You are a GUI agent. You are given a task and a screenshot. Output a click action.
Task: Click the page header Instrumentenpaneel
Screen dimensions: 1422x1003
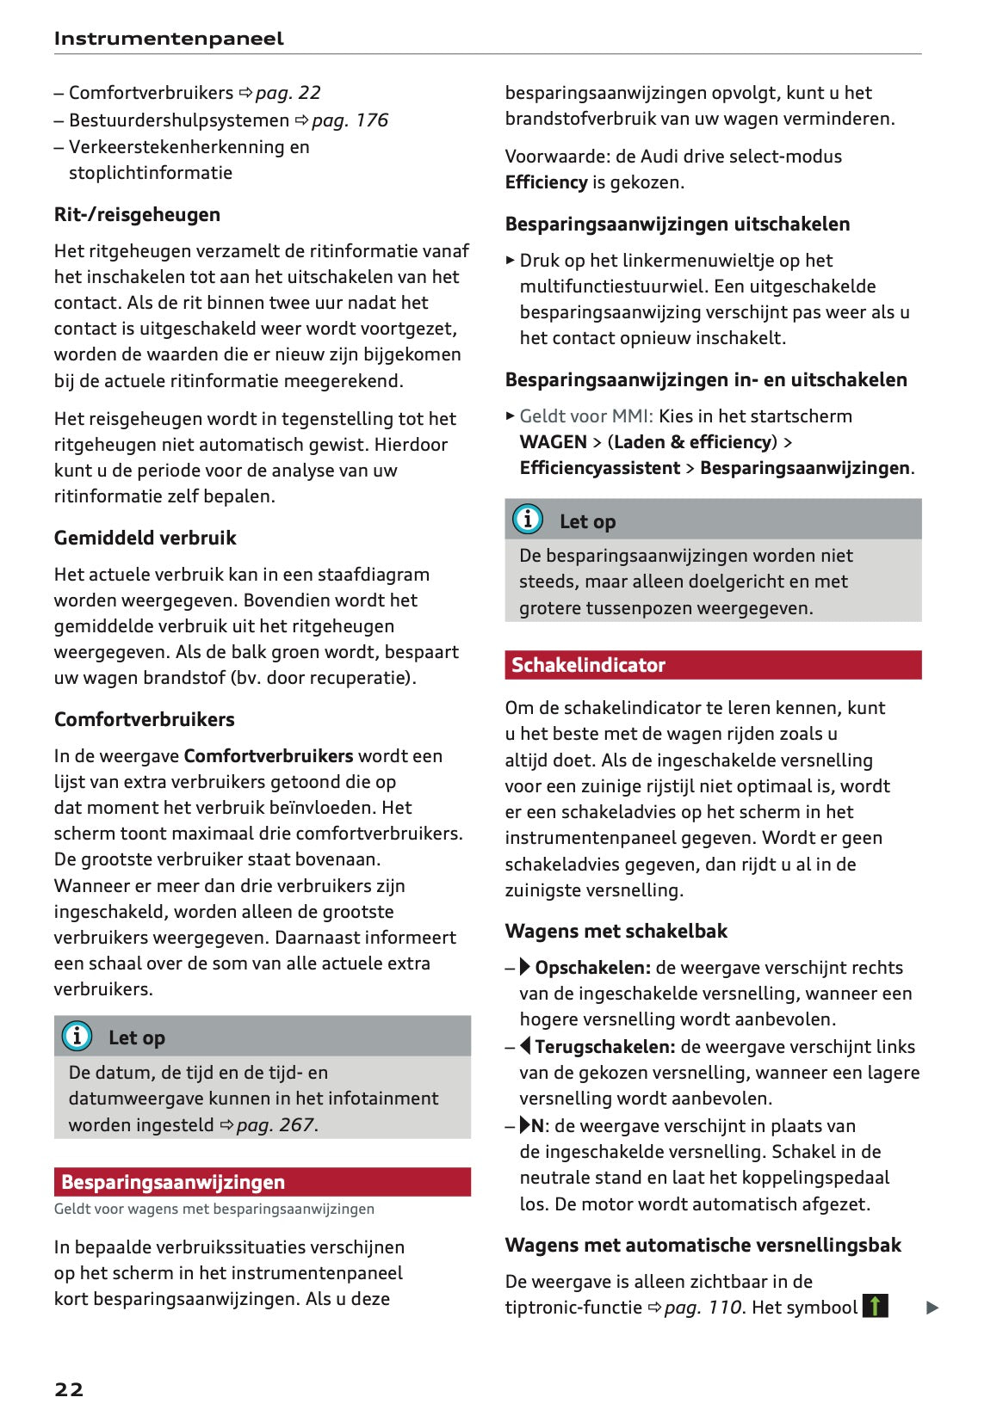coord(168,38)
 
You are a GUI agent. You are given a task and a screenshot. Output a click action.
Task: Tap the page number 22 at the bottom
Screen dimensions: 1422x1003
coord(69,1388)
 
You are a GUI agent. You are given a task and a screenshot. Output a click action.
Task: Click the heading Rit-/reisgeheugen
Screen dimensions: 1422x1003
coord(137,214)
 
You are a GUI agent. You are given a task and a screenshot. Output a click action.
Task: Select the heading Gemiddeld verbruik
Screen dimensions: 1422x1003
coord(145,538)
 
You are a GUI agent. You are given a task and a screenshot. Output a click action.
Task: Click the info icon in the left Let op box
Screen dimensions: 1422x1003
coord(77,1036)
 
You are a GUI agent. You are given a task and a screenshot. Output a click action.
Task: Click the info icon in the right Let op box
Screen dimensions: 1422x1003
coord(527,519)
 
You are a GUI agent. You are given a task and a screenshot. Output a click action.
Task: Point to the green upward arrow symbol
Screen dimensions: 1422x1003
coord(875,1306)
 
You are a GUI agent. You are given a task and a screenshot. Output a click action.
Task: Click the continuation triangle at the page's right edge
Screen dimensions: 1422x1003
coord(932,1308)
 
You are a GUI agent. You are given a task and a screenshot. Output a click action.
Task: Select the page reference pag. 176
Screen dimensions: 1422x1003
coord(350,120)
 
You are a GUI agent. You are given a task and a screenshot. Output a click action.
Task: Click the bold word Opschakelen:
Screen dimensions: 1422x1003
coord(592,967)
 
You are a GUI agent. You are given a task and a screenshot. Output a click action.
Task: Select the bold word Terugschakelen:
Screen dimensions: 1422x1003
coord(604,1046)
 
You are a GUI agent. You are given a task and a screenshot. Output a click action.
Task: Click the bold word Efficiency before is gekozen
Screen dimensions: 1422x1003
coord(546,182)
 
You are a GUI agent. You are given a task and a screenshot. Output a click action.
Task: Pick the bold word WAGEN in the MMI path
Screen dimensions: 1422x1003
coord(553,441)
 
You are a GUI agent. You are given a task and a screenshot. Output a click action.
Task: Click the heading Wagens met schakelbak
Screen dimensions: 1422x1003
coord(616,931)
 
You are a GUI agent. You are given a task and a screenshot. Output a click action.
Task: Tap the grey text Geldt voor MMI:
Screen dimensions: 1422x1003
coord(586,416)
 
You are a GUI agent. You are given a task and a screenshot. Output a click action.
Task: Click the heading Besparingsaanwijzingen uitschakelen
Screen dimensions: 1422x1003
coord(677,224)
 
